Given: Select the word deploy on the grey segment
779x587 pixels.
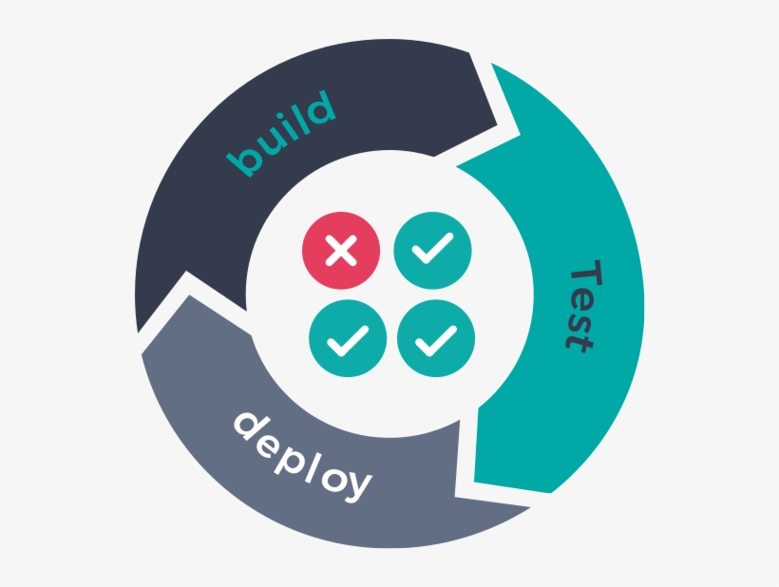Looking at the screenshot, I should coord(302,454).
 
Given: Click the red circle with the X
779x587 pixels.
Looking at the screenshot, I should coord(341,251).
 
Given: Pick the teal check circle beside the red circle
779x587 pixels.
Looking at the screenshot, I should coord(432,251).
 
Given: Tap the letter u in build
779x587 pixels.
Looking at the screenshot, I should coord(269,142).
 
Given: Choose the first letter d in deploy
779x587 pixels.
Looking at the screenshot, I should coord(249,426).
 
